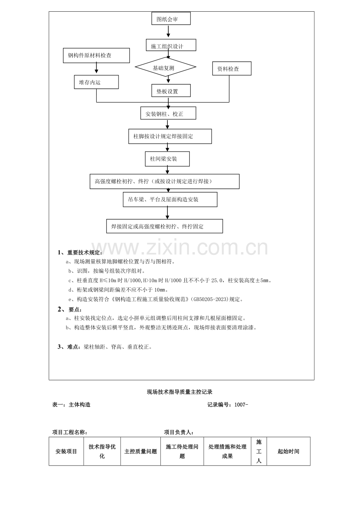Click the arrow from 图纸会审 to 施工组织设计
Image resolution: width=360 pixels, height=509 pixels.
pos(168,31)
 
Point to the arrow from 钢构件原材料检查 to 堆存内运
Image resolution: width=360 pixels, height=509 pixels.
pos(96,68)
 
